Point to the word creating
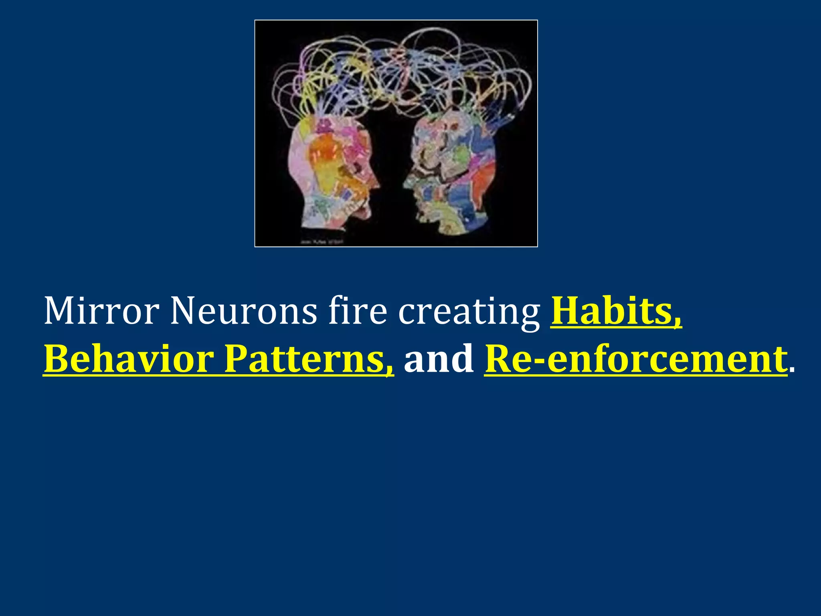click(x=469, y=312)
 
